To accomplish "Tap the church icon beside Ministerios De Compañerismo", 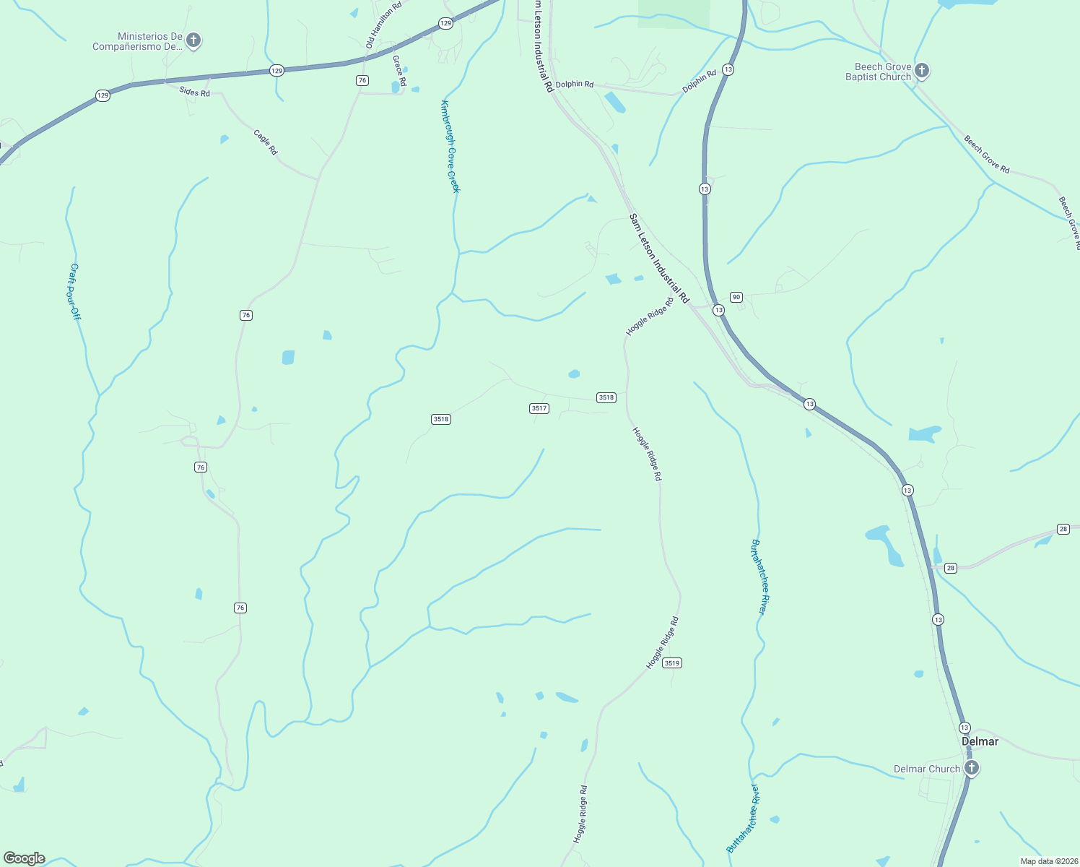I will click(193, 40).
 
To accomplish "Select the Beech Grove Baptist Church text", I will click(878, 72).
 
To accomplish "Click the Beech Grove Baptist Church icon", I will click(921, 70).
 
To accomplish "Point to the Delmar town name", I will click(980, 741).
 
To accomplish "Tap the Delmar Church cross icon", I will click(971, 768).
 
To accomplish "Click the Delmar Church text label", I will click(926, 769).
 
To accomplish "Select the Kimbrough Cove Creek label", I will click(450, 146).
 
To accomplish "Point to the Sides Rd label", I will click(194, 92).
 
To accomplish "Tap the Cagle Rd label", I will click(266, 142).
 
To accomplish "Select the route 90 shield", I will click(736, 297).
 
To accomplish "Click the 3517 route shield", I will click(539, 408).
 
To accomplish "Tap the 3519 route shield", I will click(672, 663).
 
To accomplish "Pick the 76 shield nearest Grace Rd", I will click(362, 80).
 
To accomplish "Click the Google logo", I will click(25, 858).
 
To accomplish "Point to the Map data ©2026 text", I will click(1048, 861).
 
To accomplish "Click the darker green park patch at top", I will click(673, 14).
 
